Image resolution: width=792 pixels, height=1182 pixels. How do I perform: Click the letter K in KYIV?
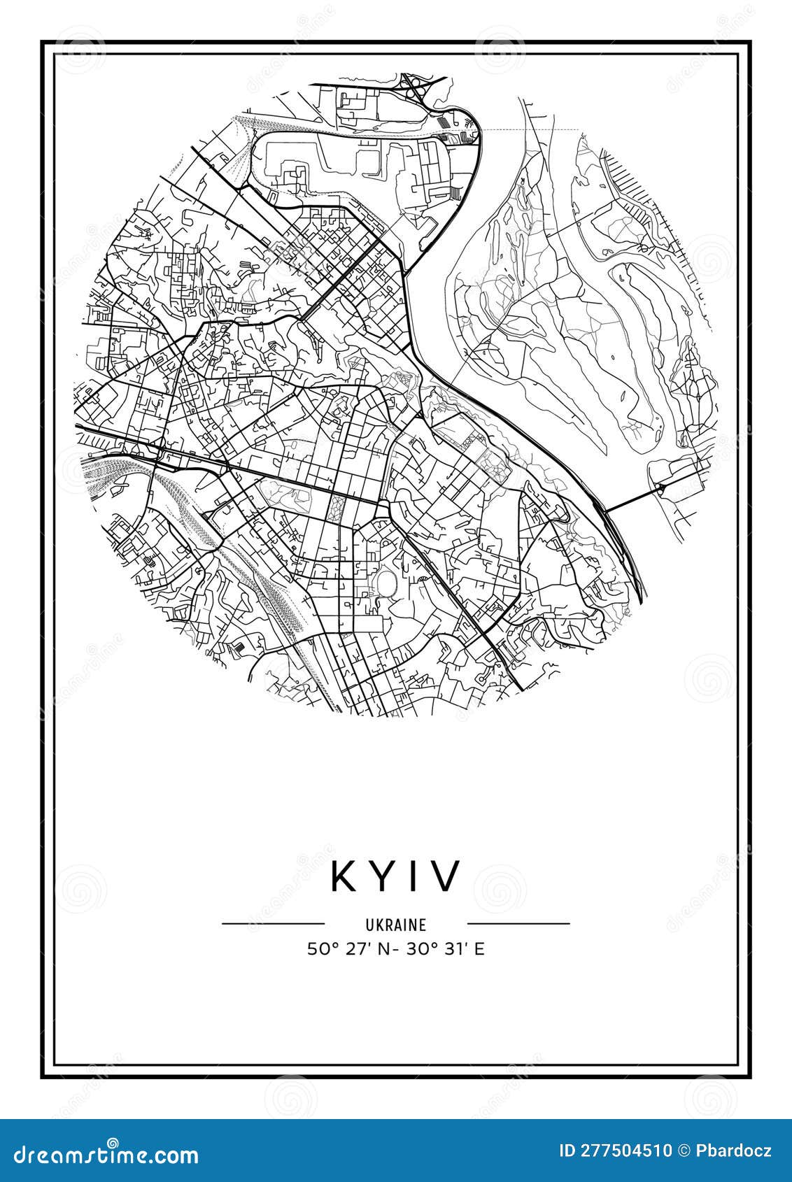point(345,876)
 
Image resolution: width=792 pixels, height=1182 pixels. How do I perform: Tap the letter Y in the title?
point(381,876)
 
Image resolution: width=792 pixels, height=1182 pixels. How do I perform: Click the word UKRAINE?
point(395,925)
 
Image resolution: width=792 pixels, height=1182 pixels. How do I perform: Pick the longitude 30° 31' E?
point(451,949)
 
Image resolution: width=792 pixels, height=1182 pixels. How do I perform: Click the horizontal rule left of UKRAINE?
point(273,924)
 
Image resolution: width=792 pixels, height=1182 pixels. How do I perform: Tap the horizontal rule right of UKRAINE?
point(518,924)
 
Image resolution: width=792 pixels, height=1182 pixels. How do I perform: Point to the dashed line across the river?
point(532,129)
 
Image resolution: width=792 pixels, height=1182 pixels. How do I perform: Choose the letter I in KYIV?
point(413,876)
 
